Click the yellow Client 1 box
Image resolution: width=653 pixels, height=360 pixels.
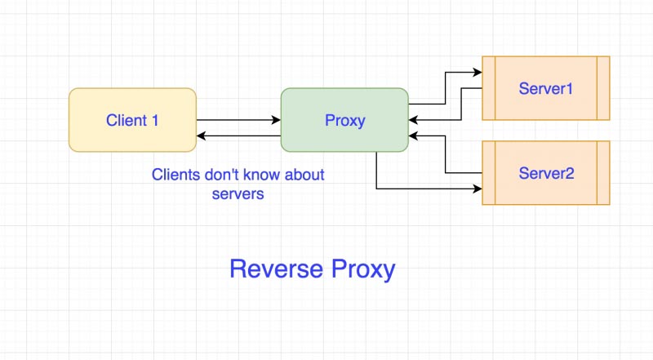click(x=132, y=120)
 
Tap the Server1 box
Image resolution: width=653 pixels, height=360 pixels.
click(x=545, y=88)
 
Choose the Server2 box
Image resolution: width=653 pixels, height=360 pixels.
click(x=545, y=173)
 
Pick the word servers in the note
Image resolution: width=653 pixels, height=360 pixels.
click(x=238, y=194)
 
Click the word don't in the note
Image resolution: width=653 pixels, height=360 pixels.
click(x=220, y=175)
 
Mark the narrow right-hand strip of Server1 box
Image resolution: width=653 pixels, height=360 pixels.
click(x=603, y=88)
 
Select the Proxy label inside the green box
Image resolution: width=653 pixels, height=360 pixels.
click(x=344, y=121)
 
